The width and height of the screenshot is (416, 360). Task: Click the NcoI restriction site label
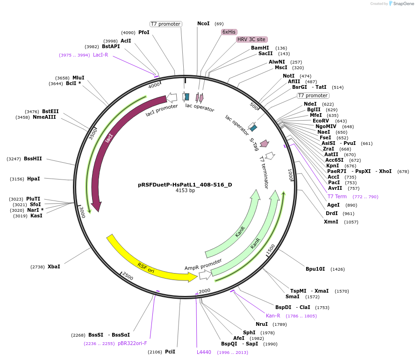203,23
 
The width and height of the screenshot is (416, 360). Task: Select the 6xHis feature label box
229,32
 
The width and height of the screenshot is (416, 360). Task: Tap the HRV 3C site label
251,39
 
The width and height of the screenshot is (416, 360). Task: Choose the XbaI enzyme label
54,266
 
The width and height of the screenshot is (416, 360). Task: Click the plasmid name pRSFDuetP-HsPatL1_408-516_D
185,185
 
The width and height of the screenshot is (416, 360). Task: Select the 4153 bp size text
185,191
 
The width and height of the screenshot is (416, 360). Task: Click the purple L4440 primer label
204,352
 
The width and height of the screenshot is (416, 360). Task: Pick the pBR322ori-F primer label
132,343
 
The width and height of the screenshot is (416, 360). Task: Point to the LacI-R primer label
100,55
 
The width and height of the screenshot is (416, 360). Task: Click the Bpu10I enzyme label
315,269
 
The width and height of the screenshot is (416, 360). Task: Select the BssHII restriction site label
33,158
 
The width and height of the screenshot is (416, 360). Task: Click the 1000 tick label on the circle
290,175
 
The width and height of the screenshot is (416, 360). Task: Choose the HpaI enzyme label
34,179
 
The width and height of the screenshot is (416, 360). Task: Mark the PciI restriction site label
170,352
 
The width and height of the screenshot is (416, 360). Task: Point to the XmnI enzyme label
331,222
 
